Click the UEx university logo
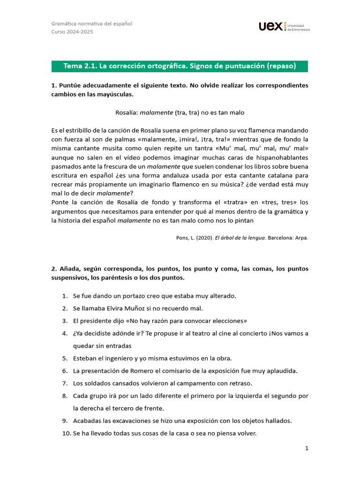284,27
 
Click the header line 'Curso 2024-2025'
72,32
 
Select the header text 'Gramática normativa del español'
91,23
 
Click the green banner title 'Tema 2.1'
180,66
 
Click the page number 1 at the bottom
307,448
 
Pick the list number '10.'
66,434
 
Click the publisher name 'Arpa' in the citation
301,238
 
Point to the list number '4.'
65,333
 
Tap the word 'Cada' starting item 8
81,396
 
